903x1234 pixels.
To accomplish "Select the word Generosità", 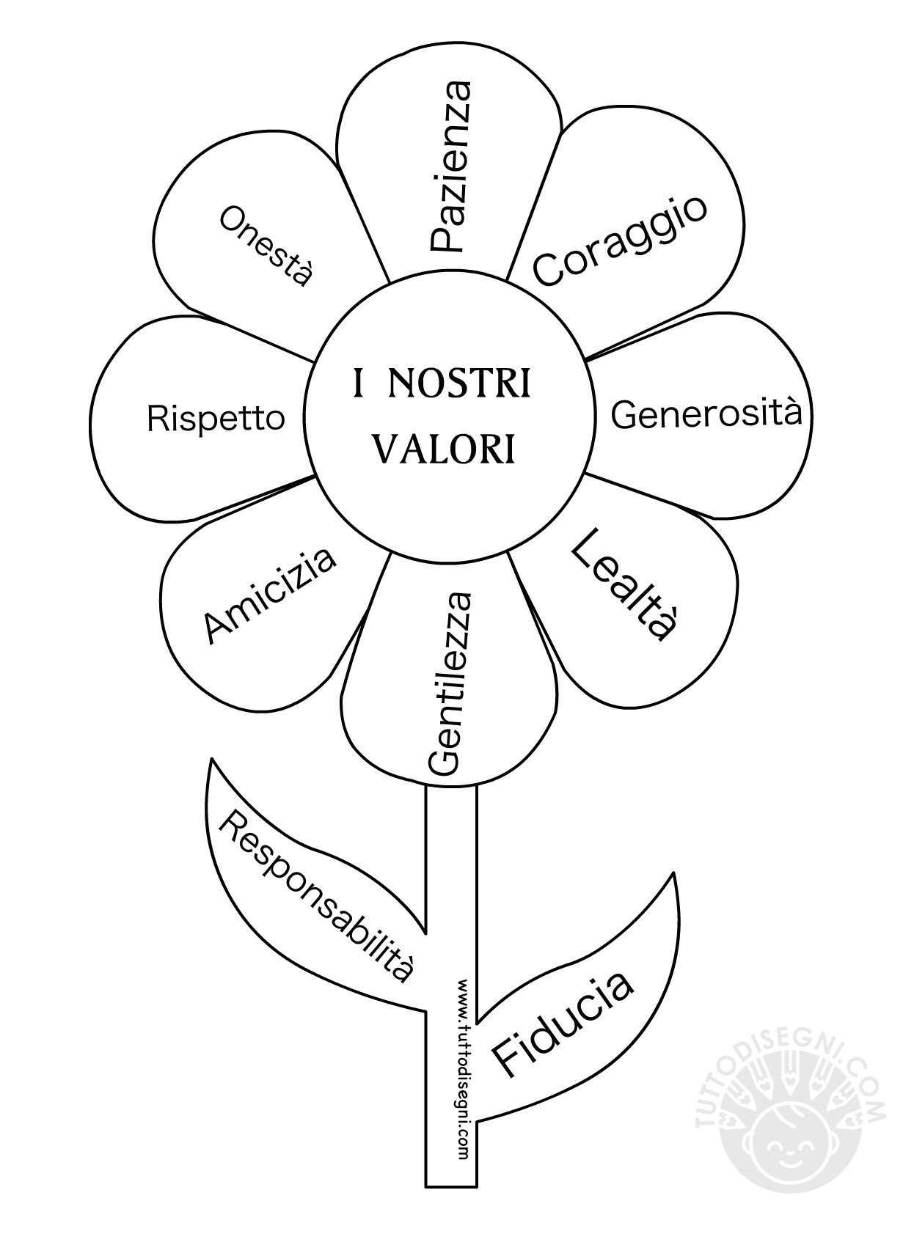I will coord(706,414).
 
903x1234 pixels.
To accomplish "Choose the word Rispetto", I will coord(216,419).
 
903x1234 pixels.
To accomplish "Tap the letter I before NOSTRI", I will coord(359,384).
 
